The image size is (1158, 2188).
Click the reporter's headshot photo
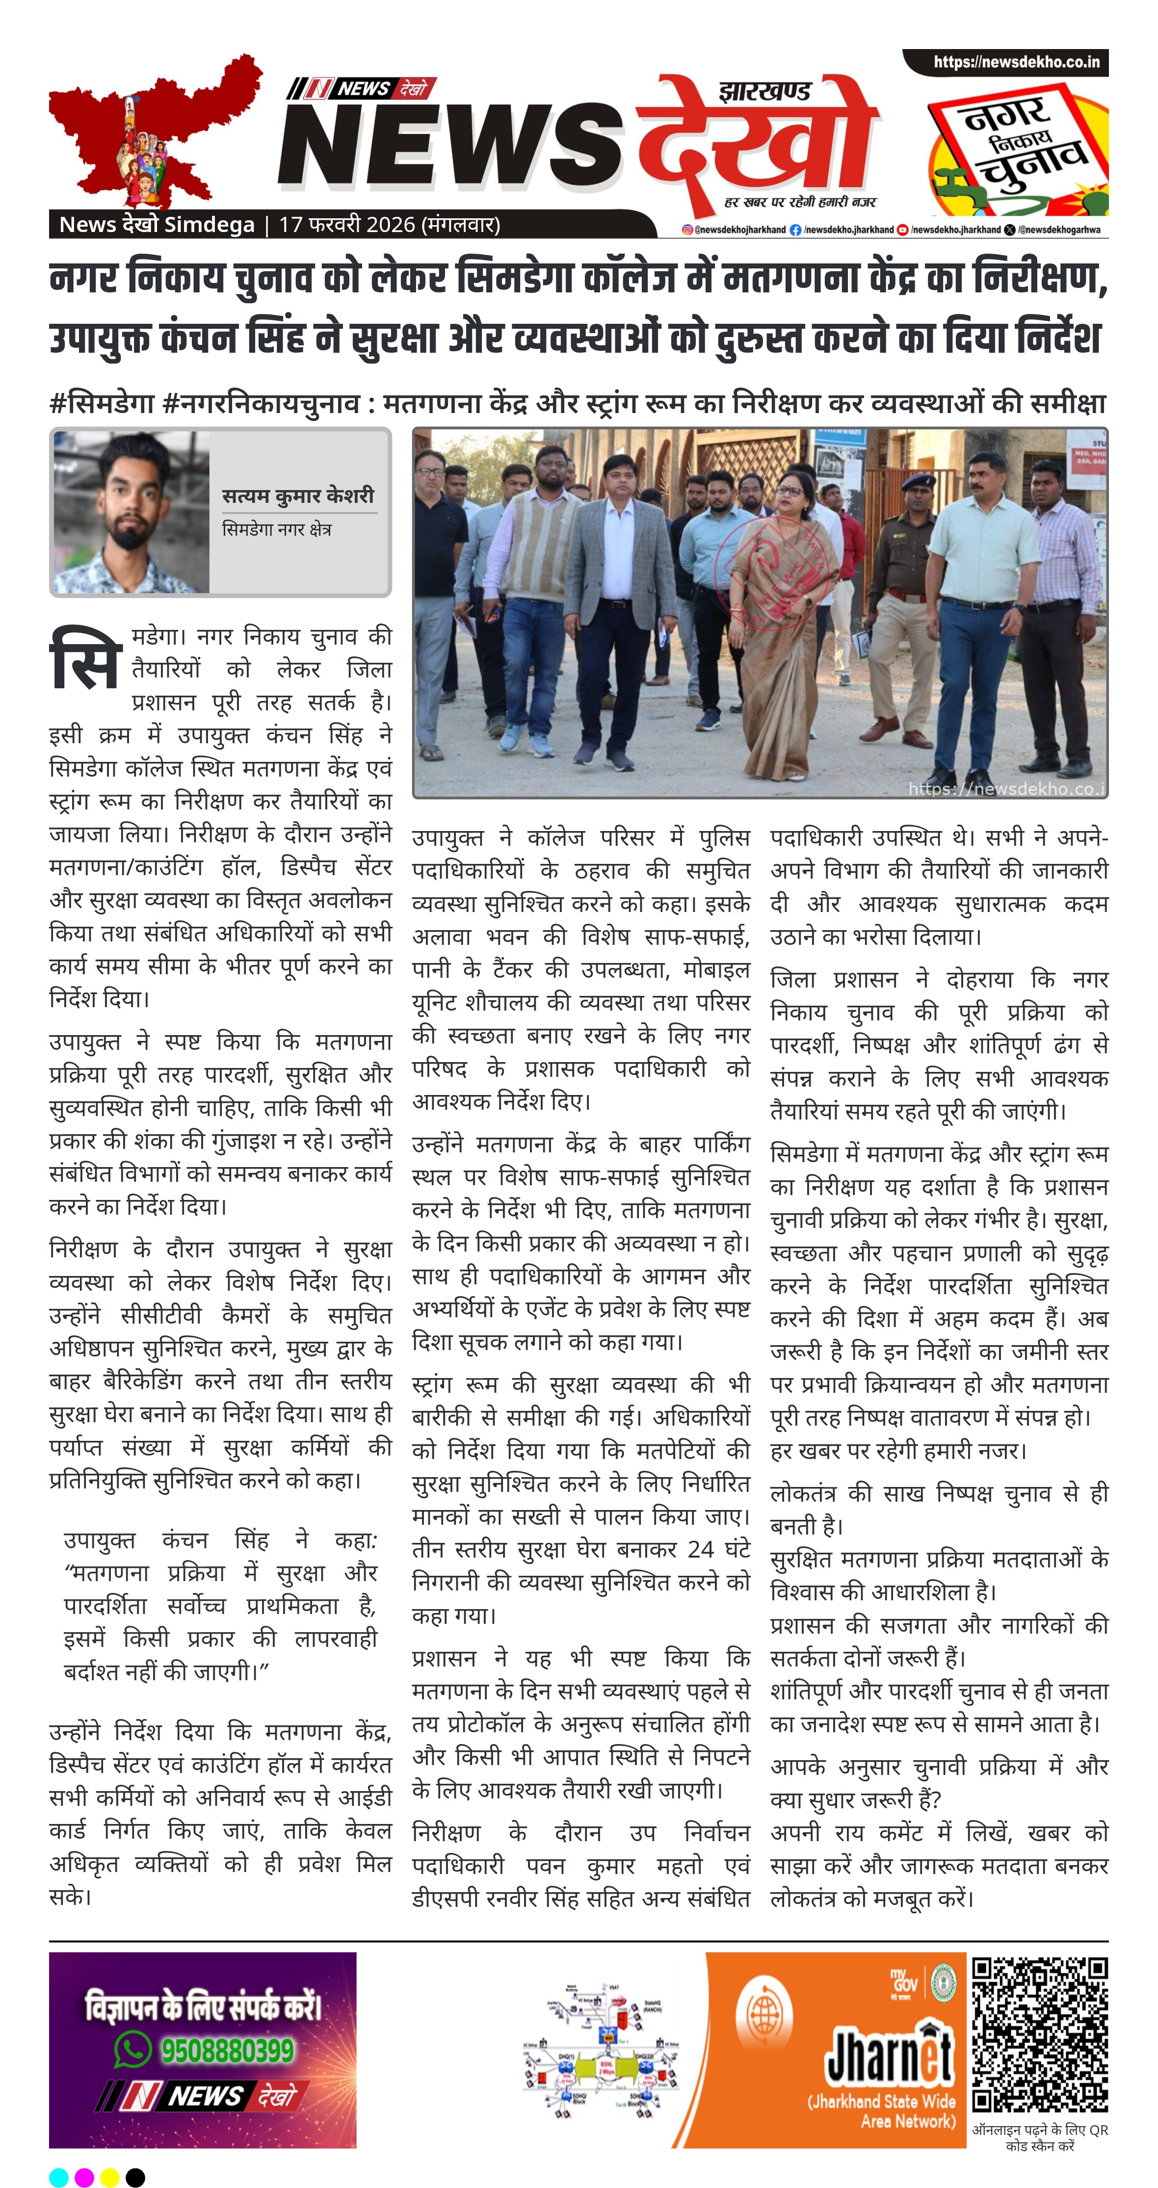[132, 512]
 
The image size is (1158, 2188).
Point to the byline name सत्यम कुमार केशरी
[297, 495]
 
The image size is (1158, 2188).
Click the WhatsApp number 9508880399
[228, 2051]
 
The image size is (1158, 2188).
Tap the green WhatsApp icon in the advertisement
[132, 2050]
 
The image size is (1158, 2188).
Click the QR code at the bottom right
[1039, 2034]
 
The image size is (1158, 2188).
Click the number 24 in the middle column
[700, 1549]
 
